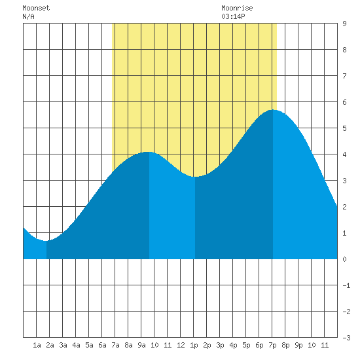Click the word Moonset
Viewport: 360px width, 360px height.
pos(36,8)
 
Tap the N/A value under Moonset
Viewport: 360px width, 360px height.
pos(28,16)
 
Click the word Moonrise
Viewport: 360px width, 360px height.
pos(237,8)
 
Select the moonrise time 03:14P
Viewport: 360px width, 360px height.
pos(233,16)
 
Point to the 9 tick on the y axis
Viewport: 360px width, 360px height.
pos(344,24)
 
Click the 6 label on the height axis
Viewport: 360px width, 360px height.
pos(344,102)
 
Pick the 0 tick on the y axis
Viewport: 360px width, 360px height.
pos(344,259)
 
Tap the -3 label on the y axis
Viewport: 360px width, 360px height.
pos(346,338)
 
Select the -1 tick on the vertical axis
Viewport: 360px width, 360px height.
pos(346,285)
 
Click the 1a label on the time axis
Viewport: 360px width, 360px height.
pos(37,345)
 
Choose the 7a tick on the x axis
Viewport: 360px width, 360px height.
pos(115,345)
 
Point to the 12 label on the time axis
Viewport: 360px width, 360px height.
pos(181,345)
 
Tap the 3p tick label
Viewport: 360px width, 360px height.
pos(220,345)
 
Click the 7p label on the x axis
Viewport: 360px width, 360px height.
pos(272,345)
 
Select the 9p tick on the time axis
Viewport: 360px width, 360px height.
pos(298,345)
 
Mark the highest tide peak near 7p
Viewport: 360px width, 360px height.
pos(273,110)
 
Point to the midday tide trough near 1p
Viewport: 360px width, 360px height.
pos(195,177)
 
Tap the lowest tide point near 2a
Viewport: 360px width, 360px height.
pos(46,241)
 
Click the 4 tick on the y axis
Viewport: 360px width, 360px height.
pos(344,154)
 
